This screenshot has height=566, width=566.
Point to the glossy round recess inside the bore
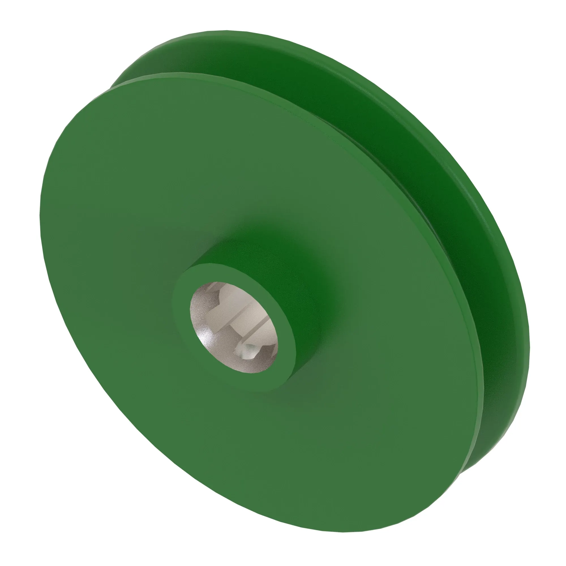[248, 350]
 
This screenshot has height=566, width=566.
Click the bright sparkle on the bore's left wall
[205, 337]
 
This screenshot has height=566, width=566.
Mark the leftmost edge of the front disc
[40, 217]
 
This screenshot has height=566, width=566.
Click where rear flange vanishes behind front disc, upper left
[113, 85]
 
